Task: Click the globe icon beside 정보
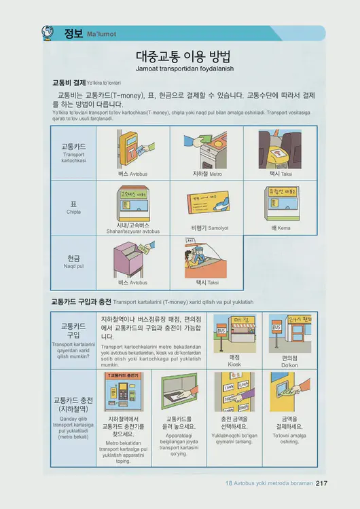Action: (48, 32)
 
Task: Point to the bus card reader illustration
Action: (134, 148)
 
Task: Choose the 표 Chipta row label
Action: (73, 207)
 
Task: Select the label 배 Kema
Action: (280, 228)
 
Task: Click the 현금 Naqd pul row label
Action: (73, 261)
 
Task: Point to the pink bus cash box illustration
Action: (131, 258)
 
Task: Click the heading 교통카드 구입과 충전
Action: (82, 300)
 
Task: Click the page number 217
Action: (322, 483)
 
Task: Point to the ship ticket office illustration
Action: (280, 202)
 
